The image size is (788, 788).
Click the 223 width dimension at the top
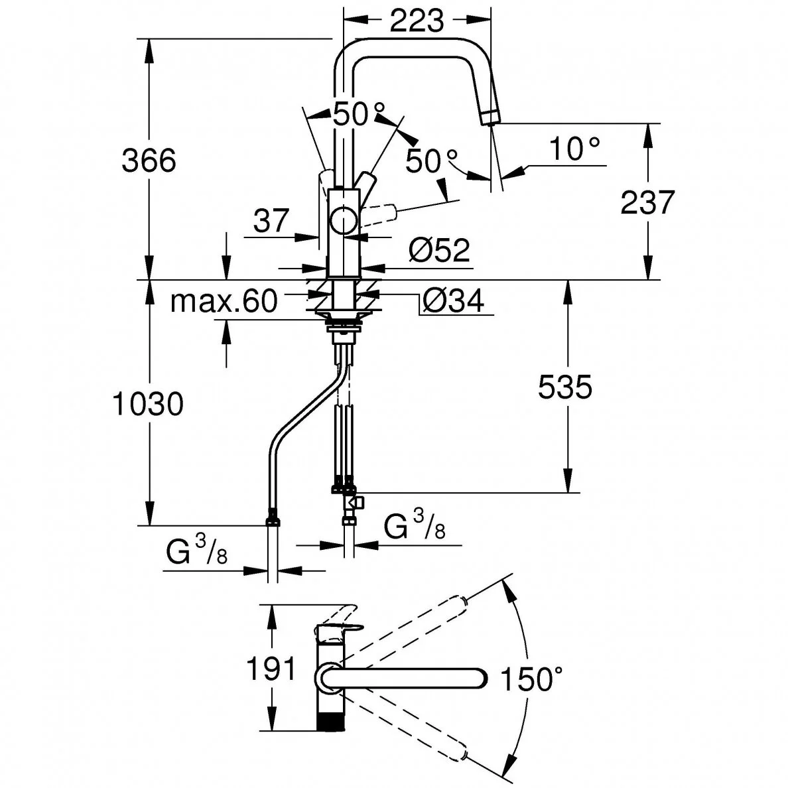416,21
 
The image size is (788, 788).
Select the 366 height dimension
149,161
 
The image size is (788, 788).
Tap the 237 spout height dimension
647,202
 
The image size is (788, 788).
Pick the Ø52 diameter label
439,250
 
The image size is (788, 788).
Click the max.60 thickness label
224,302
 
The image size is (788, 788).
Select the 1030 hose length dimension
147,404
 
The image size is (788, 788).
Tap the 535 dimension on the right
564,387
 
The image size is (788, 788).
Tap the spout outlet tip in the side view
491,118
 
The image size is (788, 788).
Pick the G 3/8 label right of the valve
415,528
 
